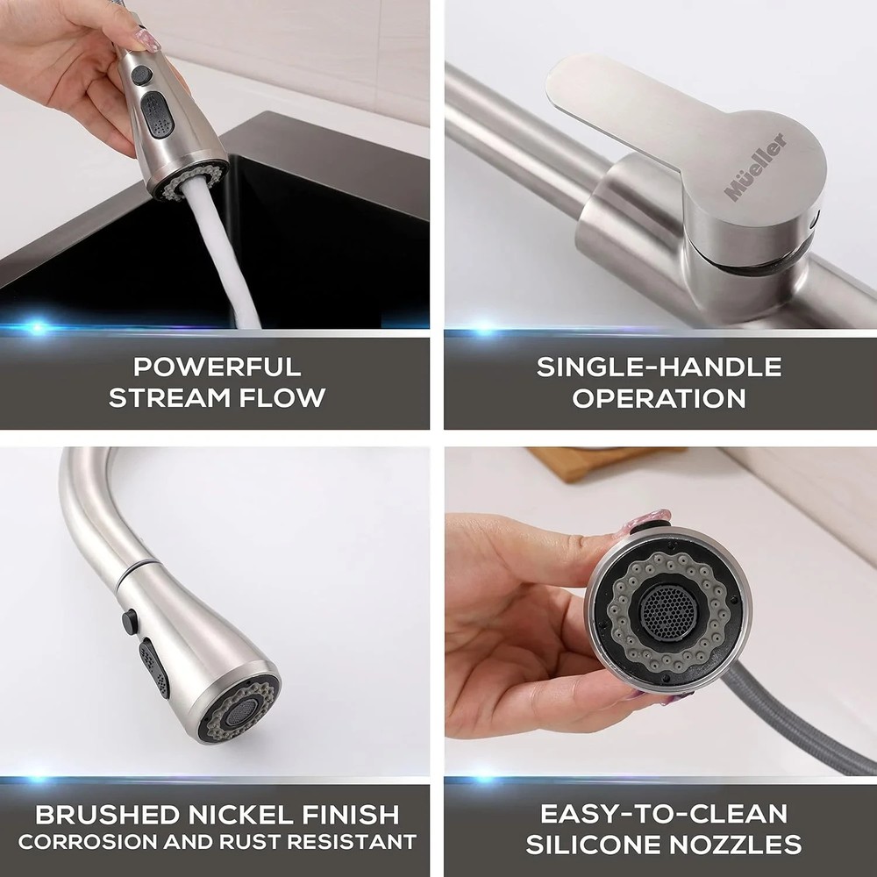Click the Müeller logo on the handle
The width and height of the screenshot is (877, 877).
pyautogui.click(x=755, y=167)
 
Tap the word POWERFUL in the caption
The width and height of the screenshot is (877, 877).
pyautogui.click(x=217, y=366)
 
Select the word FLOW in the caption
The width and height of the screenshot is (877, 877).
pyautogui.click(x=282, y=396)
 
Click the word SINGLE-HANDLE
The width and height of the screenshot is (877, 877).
pyautogui.click(x=660, y=366)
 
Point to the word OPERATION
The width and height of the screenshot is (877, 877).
pyautogui.click(x=660, y=396)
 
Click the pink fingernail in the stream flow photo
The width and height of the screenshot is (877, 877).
pyautogui.click(x=145, y=40)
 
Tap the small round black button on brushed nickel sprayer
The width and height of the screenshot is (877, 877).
pyautogui.click(x=130, y=621)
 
